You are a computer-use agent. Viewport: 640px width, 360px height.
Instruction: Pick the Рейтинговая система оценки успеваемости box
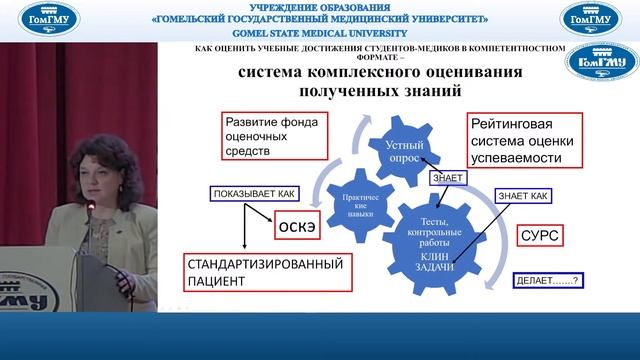tap(523, 142)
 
